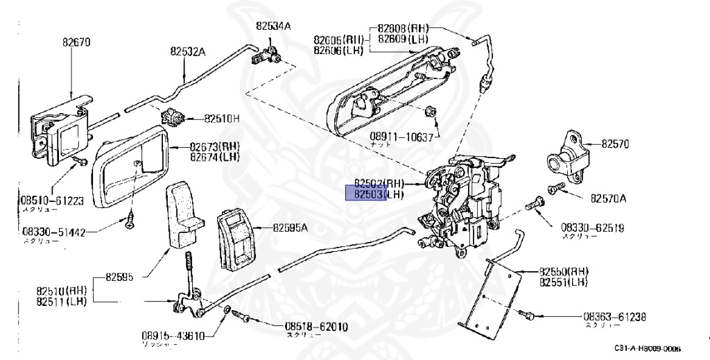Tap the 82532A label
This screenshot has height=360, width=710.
(189, 51)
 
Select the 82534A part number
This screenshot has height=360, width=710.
(273, 26)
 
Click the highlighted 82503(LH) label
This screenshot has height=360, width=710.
(379, 195)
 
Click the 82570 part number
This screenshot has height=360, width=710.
(614, 144)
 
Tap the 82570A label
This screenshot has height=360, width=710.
(608, 198)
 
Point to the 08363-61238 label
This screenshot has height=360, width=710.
(614, 317)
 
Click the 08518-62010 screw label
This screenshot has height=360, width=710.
(316, 327)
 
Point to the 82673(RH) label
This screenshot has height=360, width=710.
(214, 147)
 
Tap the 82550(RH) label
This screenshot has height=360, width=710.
(564, 272)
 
